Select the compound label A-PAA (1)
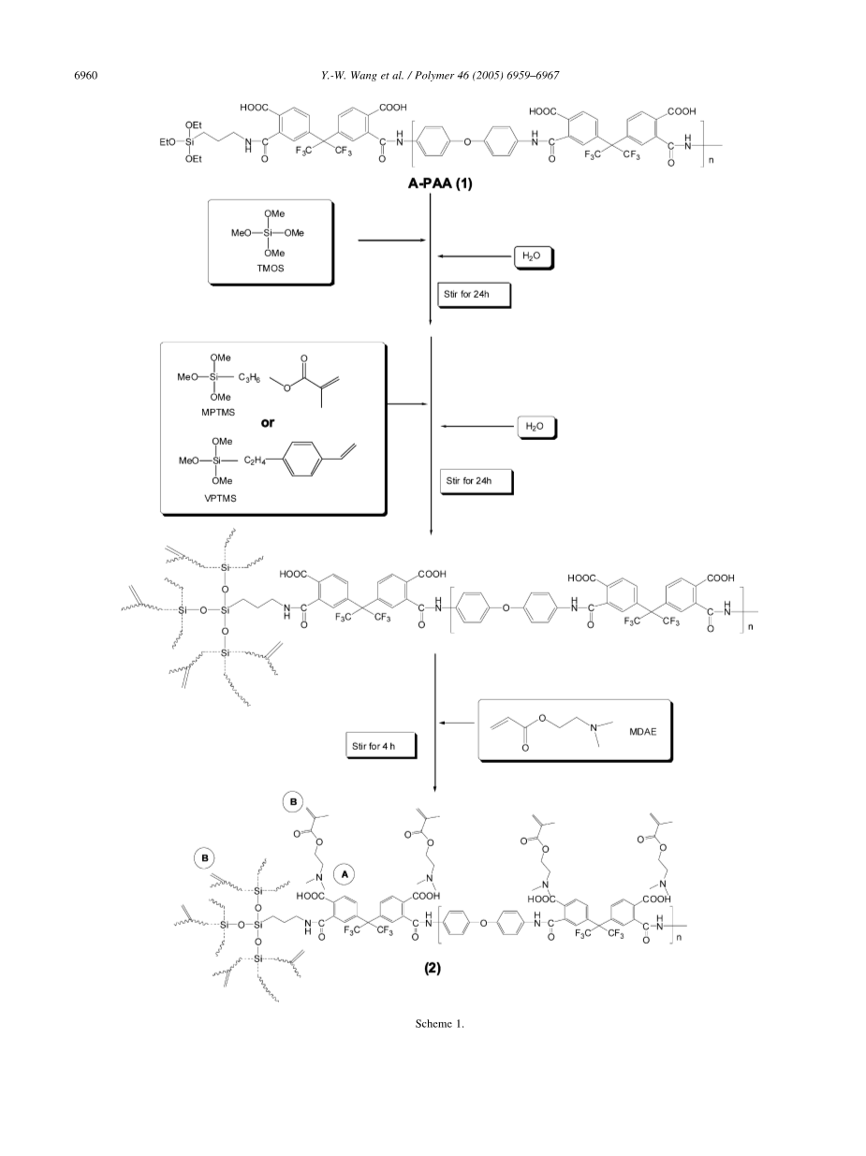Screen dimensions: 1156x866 [x=437, y=184]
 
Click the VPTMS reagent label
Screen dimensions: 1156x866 [x=220, y=498]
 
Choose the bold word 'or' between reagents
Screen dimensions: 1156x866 [x=268, y=422]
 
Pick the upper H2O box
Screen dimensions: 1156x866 [x=532, y=256]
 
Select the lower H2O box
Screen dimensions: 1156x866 [x=536, y=427]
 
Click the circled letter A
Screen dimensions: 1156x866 [x=345, y=872]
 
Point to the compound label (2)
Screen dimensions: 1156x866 [x=430, y=969]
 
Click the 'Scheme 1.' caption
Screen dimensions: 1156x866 [x=440, y=1023]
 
